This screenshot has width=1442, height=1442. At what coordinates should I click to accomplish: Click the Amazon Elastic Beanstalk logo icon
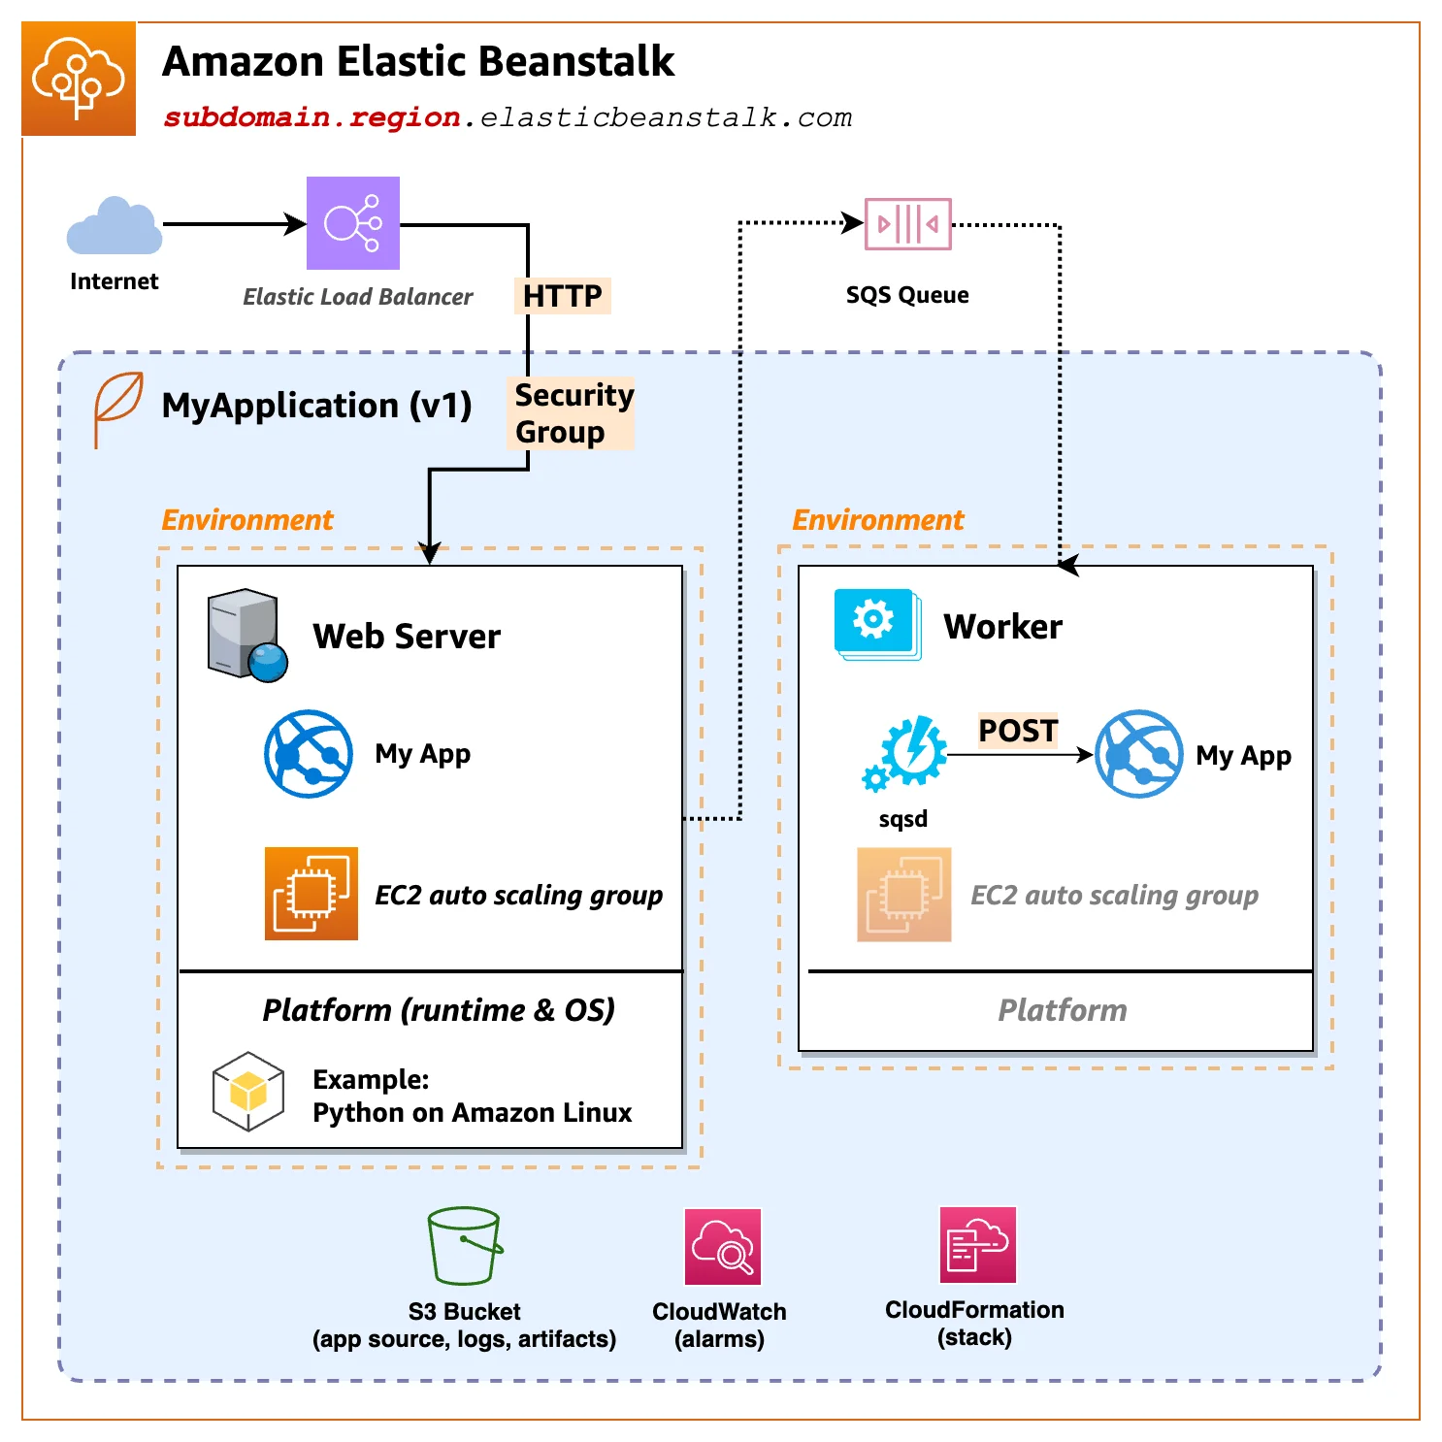click(x=79, y=79)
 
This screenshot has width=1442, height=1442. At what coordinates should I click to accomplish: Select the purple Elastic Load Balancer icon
click(x=353, y=223)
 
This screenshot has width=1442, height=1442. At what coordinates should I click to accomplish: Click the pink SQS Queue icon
click(x=907, y=224)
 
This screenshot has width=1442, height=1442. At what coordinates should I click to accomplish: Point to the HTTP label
click(x=562, y=296)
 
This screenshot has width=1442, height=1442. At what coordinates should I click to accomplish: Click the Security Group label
click(x=572, y=413)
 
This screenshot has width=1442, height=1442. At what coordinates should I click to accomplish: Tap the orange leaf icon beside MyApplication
click(x=117, y=408)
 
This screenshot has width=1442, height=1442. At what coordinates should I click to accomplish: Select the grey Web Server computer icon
click(x=246, y=636)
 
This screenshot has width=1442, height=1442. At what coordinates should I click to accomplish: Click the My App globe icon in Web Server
click(x=309, y=754)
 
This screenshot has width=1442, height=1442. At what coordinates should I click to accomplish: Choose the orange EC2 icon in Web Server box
click(x=311, y=894)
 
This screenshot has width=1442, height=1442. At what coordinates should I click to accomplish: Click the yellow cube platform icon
click(x=248, y=1092)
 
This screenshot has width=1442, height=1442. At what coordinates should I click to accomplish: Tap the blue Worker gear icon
click(x=876, y=622)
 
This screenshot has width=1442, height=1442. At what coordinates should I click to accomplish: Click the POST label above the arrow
click(x=1017, y=730)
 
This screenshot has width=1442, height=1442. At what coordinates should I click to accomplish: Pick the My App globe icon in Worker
click(x=1138, y=754)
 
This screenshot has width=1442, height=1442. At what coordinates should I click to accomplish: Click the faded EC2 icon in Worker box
click(x=903, y=895)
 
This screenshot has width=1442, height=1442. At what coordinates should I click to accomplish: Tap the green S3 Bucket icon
click(x=465, y=1246)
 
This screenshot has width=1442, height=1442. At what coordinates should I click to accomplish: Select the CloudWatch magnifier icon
click(x=722, y=1247)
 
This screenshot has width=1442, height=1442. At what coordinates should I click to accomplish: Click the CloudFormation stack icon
click(x=977, y=1245)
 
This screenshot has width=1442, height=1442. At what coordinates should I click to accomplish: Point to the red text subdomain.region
click(x=311, y=117)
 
